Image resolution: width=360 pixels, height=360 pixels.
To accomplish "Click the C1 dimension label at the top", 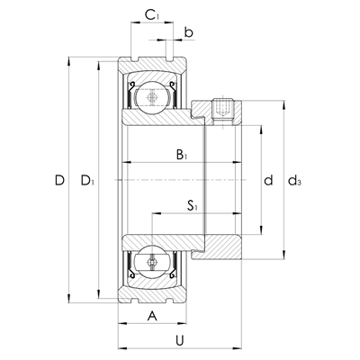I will (x=153, y=14).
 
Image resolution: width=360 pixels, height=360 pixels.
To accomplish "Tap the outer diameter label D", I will (x=58, y=181).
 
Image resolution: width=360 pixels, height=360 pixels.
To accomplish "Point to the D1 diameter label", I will (x=87, y=182).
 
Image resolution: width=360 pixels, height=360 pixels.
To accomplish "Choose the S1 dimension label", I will (x=193, y=206).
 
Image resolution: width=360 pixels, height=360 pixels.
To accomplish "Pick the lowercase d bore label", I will (x=267, y=181).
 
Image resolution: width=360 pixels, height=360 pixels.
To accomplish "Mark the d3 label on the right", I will (x=294, y=182).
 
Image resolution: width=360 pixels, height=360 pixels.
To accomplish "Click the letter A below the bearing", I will (x=152, y=315).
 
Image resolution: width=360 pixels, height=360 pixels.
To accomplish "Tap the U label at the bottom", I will (x=180, y=340).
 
